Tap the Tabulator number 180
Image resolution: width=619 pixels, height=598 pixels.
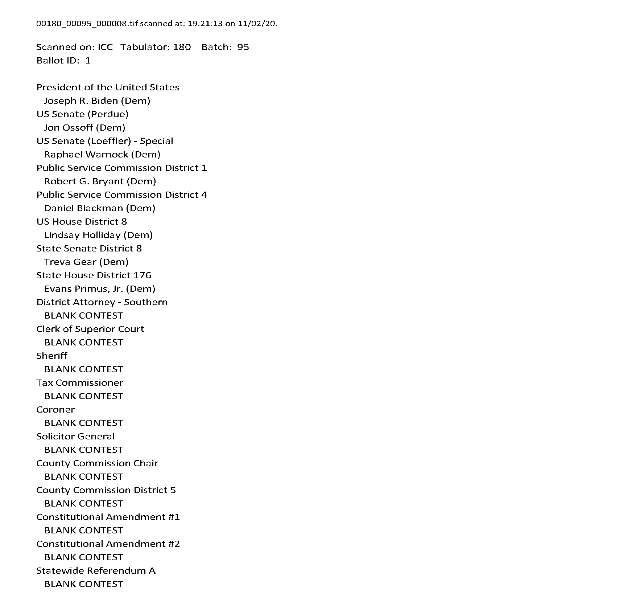(182, 47)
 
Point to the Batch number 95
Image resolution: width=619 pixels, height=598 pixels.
(243, 47)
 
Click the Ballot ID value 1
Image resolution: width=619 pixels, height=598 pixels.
(88, 61)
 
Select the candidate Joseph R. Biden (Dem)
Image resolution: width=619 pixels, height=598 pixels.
(97, 101)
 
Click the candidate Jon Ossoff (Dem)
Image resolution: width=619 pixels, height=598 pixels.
(84, 128)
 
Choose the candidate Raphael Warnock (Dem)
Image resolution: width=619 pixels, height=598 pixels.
(102, 155)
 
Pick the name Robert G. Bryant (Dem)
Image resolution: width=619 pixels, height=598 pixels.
(100, 181)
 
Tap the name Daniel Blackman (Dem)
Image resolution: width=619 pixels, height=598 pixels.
(99, 208)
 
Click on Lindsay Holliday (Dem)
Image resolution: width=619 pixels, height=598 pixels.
(98, 235)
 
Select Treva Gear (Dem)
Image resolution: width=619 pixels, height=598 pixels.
(86, 262)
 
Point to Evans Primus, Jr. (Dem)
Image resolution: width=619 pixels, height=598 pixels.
(99, 289)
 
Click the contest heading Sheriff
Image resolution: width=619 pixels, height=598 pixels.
(52, 356)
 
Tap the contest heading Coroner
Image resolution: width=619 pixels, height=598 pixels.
(55, 410)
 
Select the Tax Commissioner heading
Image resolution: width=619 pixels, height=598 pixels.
(80, 383)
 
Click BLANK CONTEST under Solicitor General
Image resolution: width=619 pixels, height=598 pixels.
(83, 450)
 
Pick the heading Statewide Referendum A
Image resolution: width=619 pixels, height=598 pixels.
(96, 571)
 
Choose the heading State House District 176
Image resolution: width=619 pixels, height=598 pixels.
(94, 275)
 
